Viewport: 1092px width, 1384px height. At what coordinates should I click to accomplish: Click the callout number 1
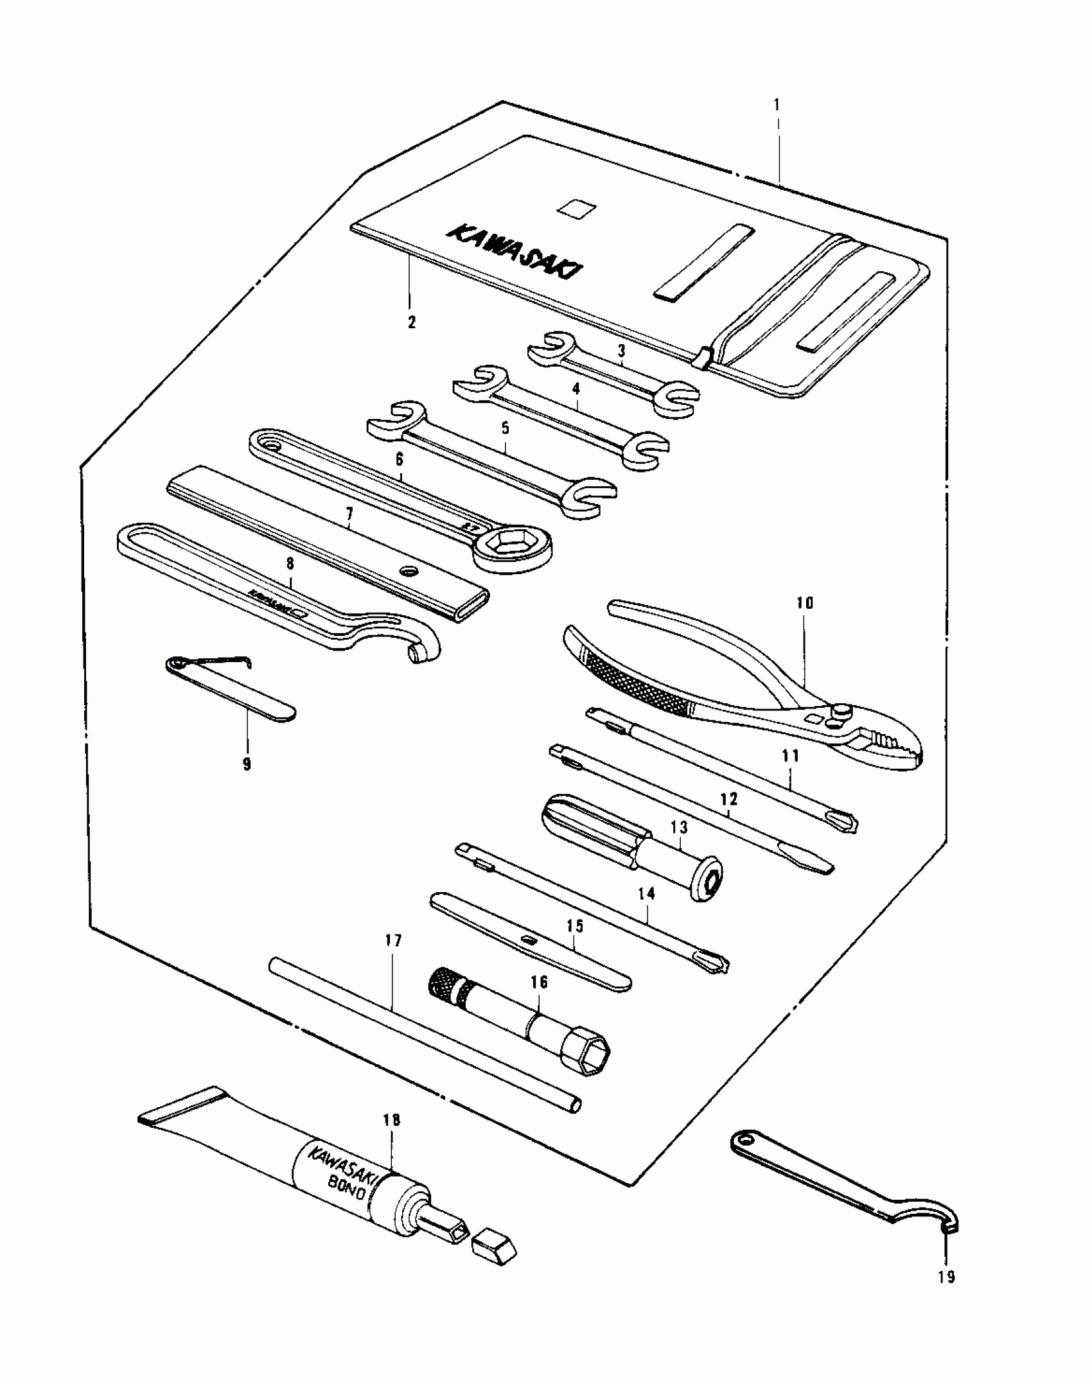pyautogui.click(x=777, y=105)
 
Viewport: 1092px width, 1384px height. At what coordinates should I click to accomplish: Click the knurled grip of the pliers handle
pyautogui.click(x=636, y=682)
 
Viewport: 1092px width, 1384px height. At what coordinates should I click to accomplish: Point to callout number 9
pyautogui.click(x=247, y=764)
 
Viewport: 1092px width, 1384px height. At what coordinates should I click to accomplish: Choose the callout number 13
pyautogui.click(x=679, y=827)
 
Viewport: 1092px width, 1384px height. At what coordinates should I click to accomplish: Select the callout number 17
pyautogui.click(x=393, y=941)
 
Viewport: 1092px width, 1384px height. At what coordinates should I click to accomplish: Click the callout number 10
pyautogui.click(x=805, y=603)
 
